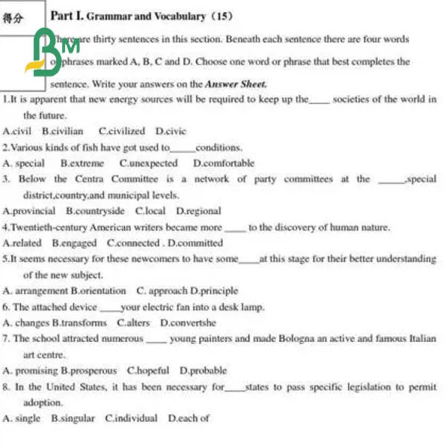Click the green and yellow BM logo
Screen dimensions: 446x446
[x=54, y=52]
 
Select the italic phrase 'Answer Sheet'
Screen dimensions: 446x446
[x=236, y=84]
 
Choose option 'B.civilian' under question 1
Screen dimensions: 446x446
[x=62, y=131]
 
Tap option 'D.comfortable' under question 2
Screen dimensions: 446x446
[x=223, y=163]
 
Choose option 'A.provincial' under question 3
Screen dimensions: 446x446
[x=29, y=211]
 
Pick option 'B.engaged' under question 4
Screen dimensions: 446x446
[x=74, y=243]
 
